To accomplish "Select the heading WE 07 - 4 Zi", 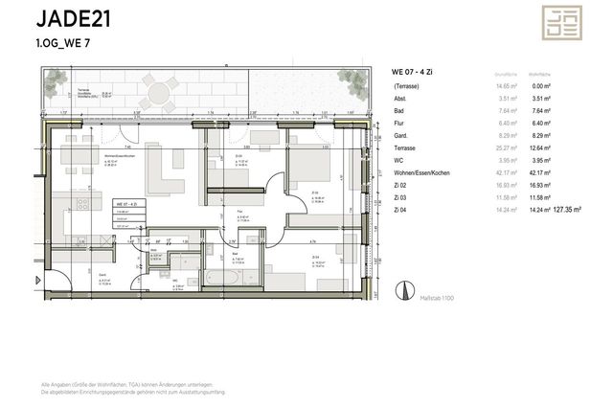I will point(414,72).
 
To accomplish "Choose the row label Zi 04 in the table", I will point(400,207).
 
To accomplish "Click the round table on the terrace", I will point(155,94).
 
